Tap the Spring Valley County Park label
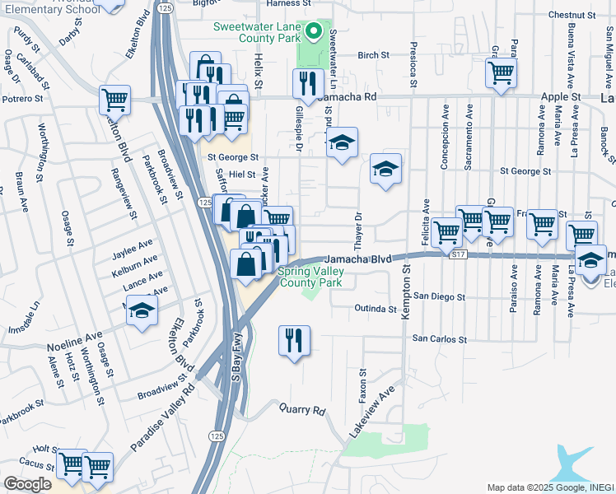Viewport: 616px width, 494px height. (x=309, y=277)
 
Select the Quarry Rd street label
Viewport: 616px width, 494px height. (x=302, y=409)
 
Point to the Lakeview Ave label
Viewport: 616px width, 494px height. (x=370, y=417)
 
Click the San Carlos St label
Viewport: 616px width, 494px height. (x=439, y=338)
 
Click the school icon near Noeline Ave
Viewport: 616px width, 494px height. (x=142, y=311)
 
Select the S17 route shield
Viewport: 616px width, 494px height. (x=459, y=256)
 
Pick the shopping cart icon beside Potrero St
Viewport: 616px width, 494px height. (x=114, y=100)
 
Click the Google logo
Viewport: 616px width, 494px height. (x=27, y=483)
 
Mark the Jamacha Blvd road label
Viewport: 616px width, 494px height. (x=362, y=259)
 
